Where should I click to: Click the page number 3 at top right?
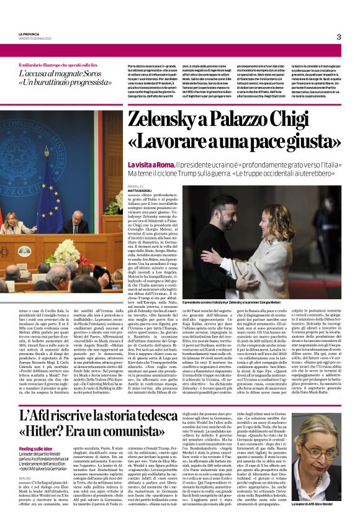(x=338, y=37)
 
